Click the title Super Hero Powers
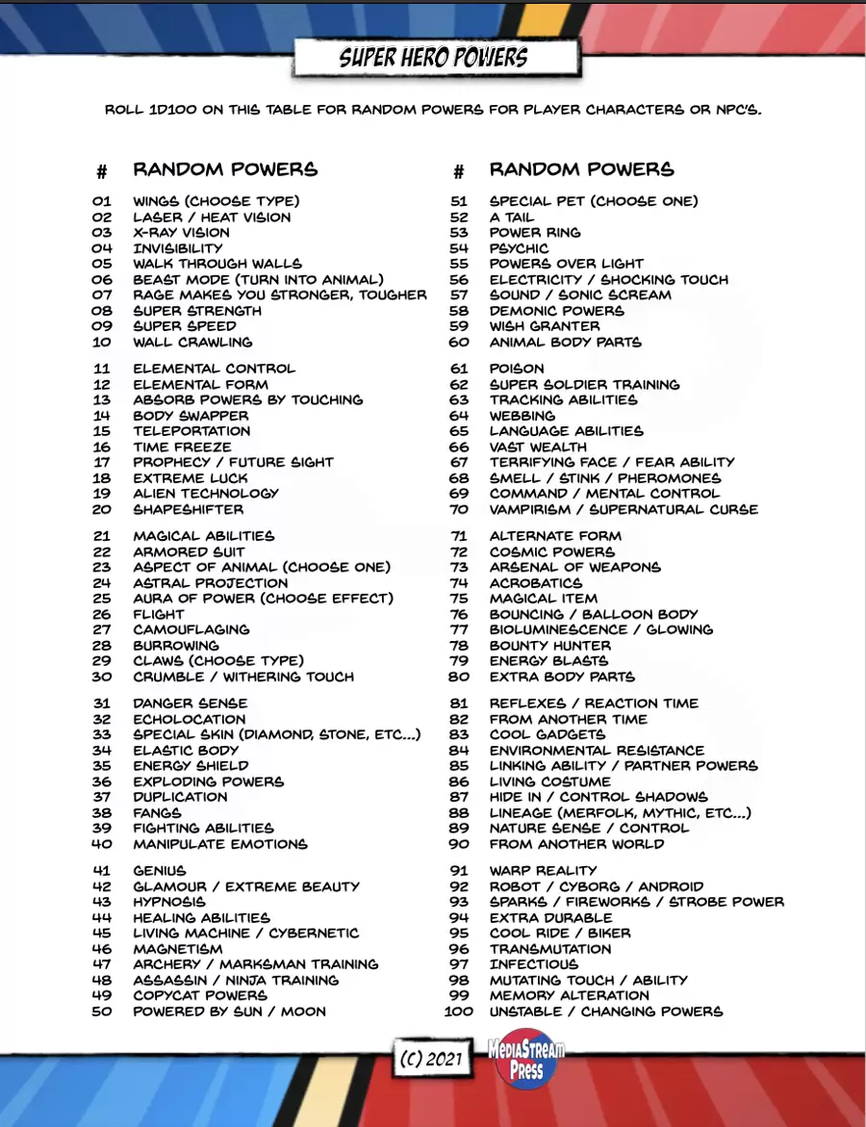pyautogui.click(x=434, y=58)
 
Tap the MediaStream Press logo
pyautogui.click(x=526, y=1058)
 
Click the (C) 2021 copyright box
pyautogui.click(x=432, y=1059)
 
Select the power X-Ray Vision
pyautogui.click(x=181, y=233)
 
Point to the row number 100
pyautogui.click(x=459, y=1012)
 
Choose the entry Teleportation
pyautogui.click(x=191, y=431)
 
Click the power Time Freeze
pyautogui.click(x=182, y=447)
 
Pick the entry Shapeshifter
pyautogui.click(x=189, y=509)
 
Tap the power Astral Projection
pyautogui.click(x=210, y=583)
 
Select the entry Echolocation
pyautogui.click(x=189, y=719)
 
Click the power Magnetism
pyautogui.click(x=177, y=949)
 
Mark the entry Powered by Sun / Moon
pyautogui.click(x=229, y=1012)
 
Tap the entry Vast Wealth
pyautogui.click(x=538, y=447)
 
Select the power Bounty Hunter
pyautogui.click(x=549, y=646)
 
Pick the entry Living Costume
pyautogui.click(x=549, y=781)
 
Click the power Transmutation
pyautogui.click(x=549, y=949)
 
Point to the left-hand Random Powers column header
pyautogui.click(x=225, y=169)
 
